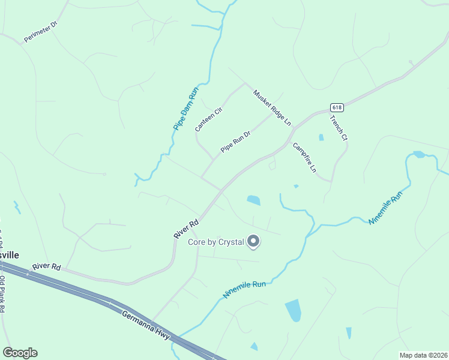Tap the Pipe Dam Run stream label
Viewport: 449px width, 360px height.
(185, 109)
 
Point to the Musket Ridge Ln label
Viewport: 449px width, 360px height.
(272, 107)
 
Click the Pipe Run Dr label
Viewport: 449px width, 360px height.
(235, 142)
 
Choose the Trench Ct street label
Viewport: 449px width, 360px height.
(339, 127)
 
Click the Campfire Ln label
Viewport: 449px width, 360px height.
(304, 157)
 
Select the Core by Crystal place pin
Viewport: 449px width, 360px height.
(253, 241)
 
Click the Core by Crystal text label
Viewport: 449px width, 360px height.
(216, 242)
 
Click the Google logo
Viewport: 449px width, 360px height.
(20, 353)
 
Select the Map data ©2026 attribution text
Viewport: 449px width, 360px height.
(423, 355)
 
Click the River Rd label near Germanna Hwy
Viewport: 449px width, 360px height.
(47, 266)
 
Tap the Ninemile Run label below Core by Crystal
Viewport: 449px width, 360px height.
(244, 290)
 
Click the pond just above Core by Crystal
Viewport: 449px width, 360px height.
(253, 200)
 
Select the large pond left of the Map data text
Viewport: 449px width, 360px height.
(293, 310)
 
